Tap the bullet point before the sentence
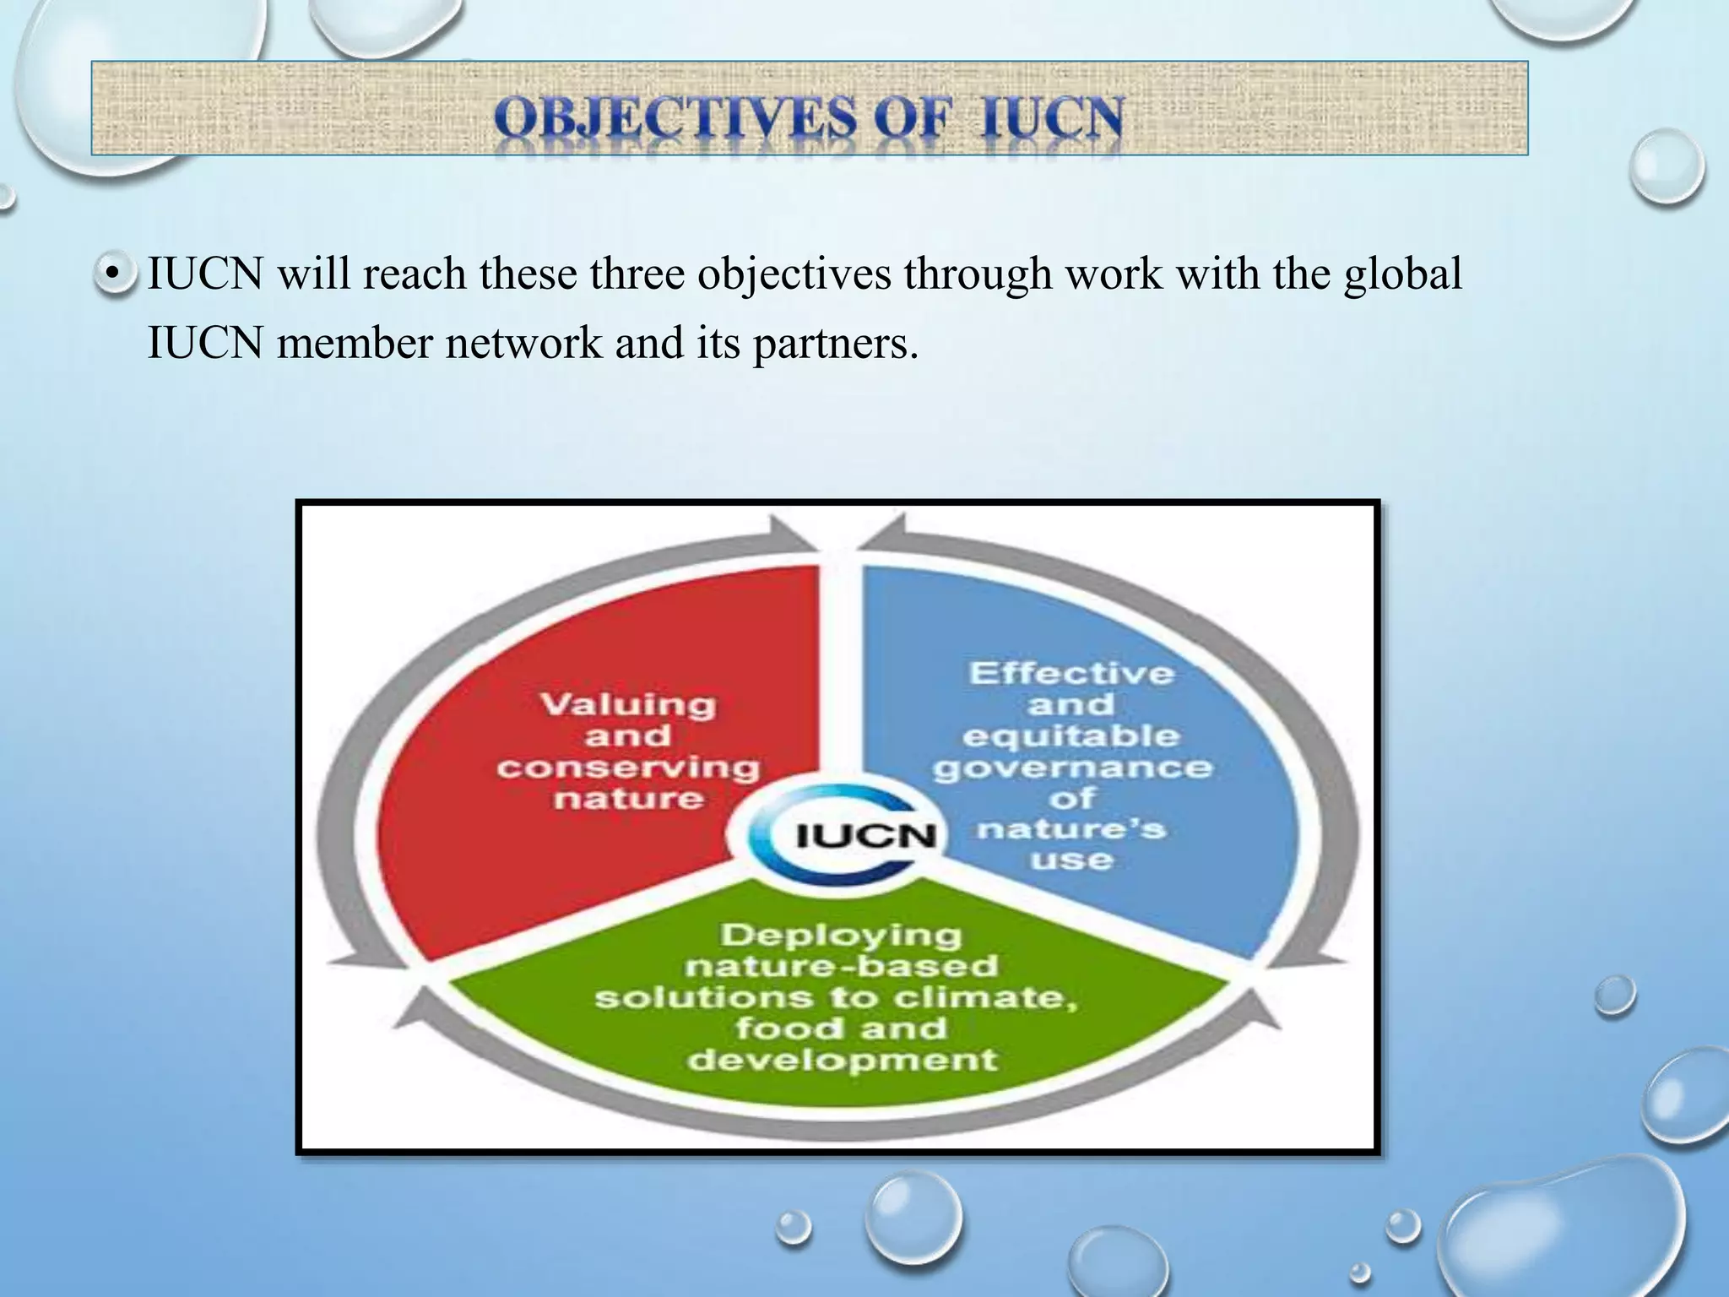tap(113, 274)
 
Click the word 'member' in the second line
tap(355, 344)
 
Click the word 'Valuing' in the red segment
tap(628, 703)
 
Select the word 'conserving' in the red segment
tap(628, 767)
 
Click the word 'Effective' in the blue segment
tap(1071, 673)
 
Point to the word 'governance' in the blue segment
tap(1072, 767)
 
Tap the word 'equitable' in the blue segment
tap(1070, 735)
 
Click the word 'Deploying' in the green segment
tap(841, 935)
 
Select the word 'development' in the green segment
tap(842, 1059)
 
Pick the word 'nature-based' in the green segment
tap(842, 966)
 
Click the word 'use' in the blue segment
tap(1071, 860)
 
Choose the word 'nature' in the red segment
tap(629, 798)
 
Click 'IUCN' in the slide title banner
tap(1052, 118)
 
